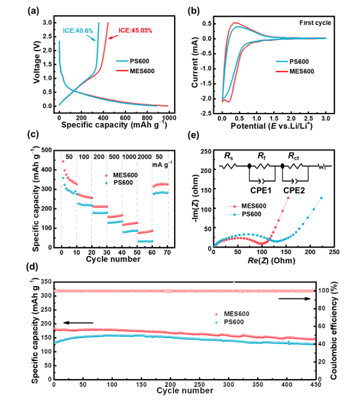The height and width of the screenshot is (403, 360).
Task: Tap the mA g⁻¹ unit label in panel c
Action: (x=160, y=165)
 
